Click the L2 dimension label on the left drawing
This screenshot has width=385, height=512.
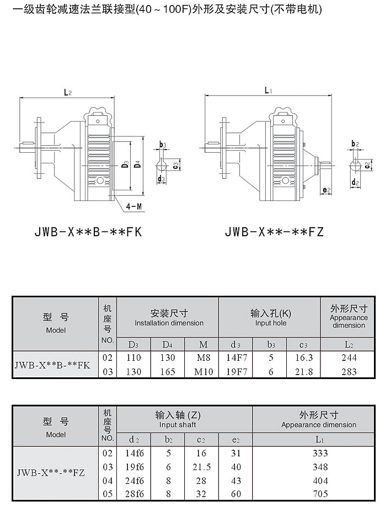(x=67, y=93)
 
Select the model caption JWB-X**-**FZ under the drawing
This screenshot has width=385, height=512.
(x=274, y=232)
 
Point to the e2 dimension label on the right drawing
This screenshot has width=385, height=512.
(x=327, y=190)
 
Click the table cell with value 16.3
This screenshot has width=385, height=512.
(x=303, y=358)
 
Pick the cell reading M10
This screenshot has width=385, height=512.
(x=204, y=372)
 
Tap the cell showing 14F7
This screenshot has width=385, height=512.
(x=237, y=358)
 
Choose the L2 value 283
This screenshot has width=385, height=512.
(x=349, y=372)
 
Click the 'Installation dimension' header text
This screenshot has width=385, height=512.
(x=169, y=323)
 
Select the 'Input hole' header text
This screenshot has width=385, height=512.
(x=271, y=323)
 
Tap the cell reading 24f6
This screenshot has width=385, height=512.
(x=134, y=481)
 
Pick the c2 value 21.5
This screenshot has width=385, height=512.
(x=201, y=467)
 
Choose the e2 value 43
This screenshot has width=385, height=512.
(x=236, y=481)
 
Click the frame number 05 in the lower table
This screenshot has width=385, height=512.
(x=108, y=494)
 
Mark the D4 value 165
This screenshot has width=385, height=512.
(x=168, y=372)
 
